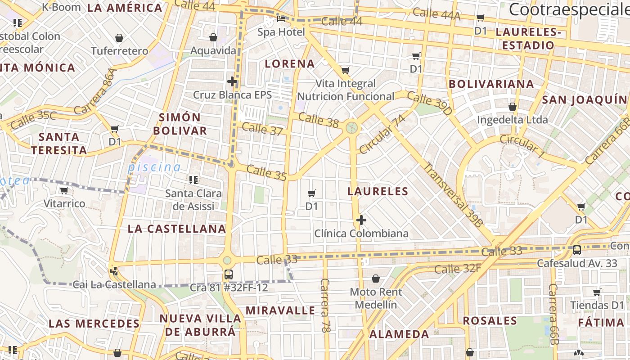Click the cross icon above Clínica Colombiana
click(x=361, y=220)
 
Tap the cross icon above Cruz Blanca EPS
click(x=232, y=81)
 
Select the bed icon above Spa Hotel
click(x=281, y=19)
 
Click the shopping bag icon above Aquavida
click(x=213, y=37)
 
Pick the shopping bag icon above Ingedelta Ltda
click(x=512, y=107)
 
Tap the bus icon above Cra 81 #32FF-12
click(x=229, y=274)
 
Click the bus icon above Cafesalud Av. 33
click(x=577, y=250)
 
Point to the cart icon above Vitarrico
click(x=64, y=190)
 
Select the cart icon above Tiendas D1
click(x=597, y=292)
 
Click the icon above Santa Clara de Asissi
click(x=193, y=180)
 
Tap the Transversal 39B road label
click(x=454, y=194)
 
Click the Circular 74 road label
click(x=382, y=134)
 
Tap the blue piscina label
click(x=154, y=167)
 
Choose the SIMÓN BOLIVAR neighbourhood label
click(x=180, y=124)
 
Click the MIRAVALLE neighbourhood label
click(x=280, y=310)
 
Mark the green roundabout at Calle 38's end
click(x=352, y=128)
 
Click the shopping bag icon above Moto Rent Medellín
click(x=376, y=279)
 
